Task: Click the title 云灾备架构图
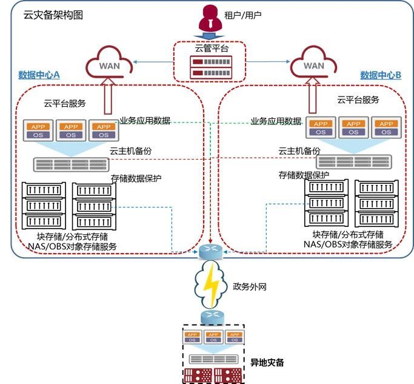[x=53, y=14]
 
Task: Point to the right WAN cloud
[x=313, y=62]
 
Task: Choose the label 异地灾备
[x=267, y=363]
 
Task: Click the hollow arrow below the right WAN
[x=314, y=96]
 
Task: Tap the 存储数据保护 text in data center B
[x=304, y=175]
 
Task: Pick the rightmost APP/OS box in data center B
[x=387, y=128]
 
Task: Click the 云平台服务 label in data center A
[x=65, y=104]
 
